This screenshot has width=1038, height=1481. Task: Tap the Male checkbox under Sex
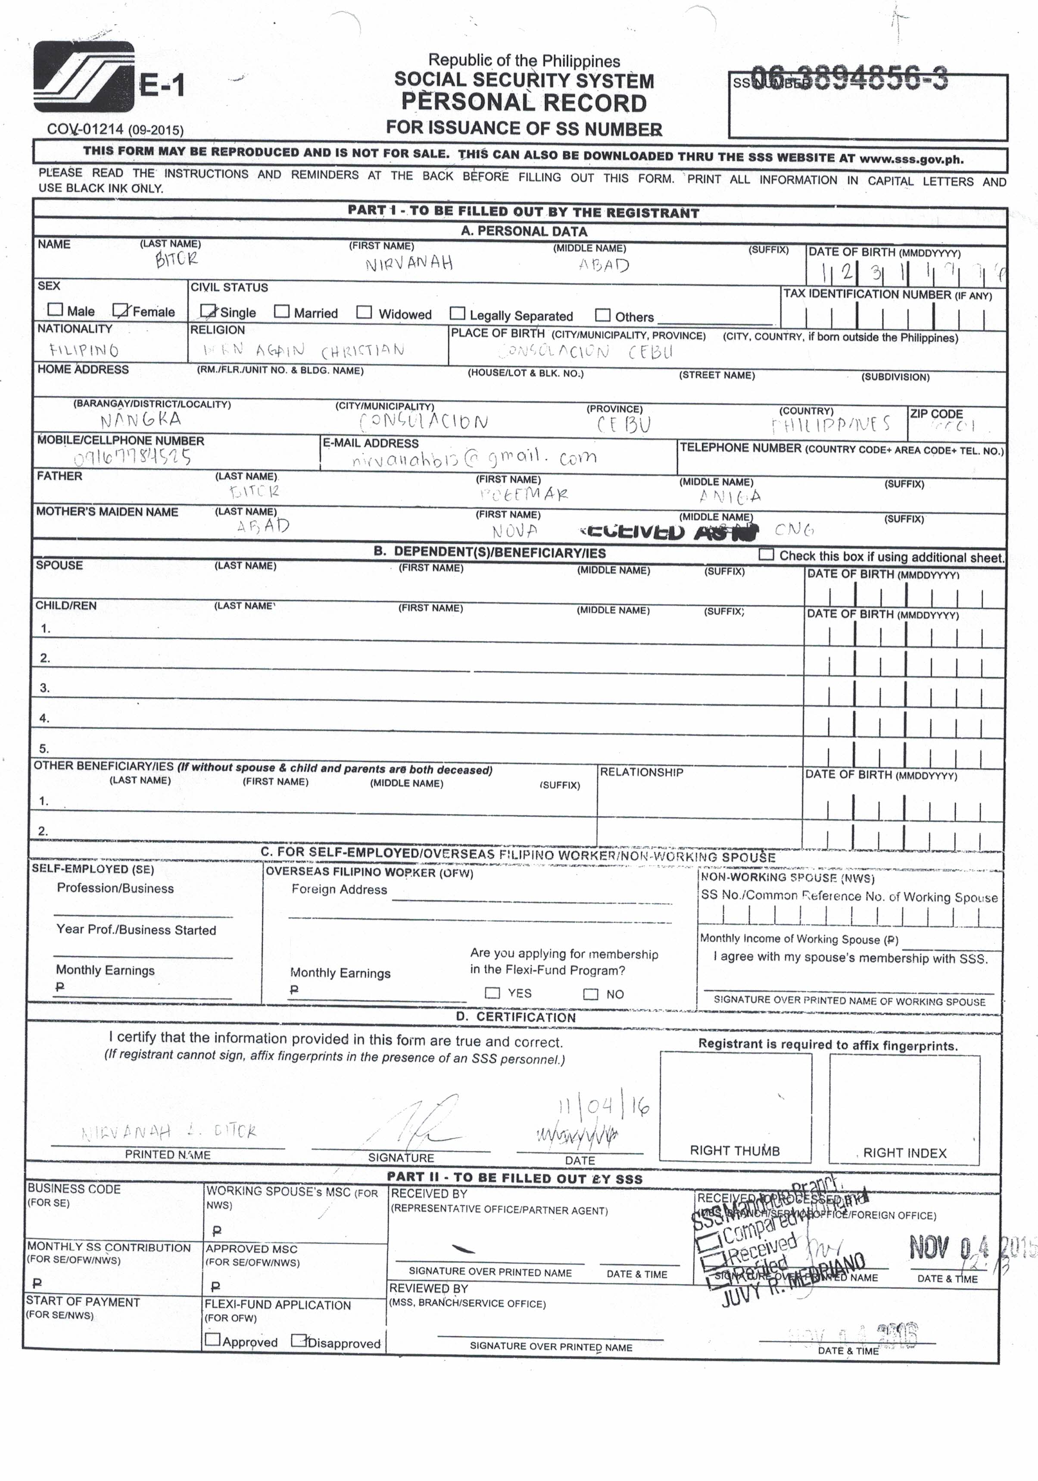[56, 310]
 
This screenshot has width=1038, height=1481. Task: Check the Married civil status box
[282, 312]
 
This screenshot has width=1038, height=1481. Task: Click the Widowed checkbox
[365, 312]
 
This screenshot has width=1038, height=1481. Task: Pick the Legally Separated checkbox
[458, 314]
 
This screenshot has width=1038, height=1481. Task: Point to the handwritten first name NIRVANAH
[409, 263]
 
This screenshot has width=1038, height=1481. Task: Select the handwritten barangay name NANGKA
[140, 420]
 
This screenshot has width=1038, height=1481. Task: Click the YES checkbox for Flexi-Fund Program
[492, 993]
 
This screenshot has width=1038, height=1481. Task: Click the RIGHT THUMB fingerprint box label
[735, 1151]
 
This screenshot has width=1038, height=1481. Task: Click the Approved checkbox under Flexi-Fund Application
[212, 1340]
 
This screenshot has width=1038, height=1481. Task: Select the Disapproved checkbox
[299, 1341]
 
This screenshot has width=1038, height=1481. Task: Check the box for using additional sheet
[767, 554]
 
